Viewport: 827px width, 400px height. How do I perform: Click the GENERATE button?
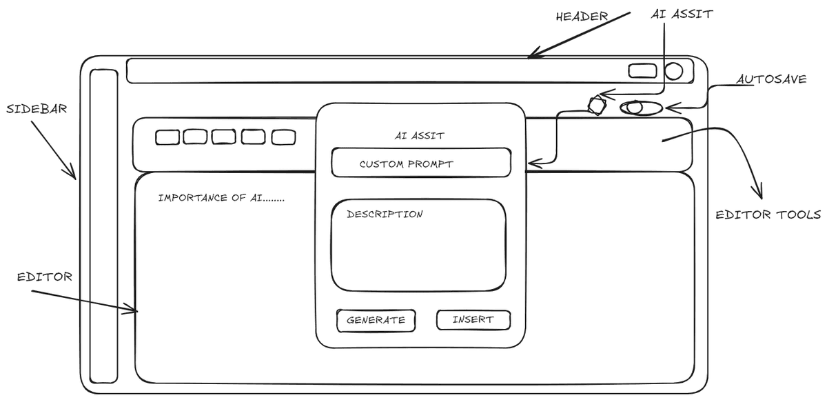pyautogui.click(x=376, y=320)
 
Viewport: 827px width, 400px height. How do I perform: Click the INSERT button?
pyautogui.click(x=473, y=320)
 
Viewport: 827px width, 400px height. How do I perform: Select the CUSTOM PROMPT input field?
pyautogui.click(x=421, y=163)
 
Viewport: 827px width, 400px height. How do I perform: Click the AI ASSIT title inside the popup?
pyautogui.click(x=419, y=136)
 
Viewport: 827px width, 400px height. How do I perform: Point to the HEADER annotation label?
pyautogui.click(x=582, y=16)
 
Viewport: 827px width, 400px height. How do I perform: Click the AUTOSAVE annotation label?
pyautogui.click(x=771, y=79)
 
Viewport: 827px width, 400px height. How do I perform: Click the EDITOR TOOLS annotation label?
pyautogui.click(x=768, y=215)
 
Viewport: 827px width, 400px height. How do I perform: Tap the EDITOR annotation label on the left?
pyautogui.click(x=45, y=277)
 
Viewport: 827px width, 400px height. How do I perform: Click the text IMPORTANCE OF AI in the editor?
pyautogui.click(x=221, y=198)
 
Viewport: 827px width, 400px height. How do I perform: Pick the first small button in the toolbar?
pyautogui.click(x=167, y=137)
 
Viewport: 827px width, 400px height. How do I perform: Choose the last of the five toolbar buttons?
pyautogui.click(x=283, y=137)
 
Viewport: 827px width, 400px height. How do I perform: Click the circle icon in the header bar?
pyautogui.click(x=673, y=71)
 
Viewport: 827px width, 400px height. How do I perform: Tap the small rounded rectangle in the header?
pyautogui.click(x=643, y=70)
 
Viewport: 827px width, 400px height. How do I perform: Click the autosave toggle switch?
pyautogui.click(x=641, y=108)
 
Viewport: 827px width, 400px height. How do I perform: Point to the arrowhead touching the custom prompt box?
pyautogui.click(x=531, y=164)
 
